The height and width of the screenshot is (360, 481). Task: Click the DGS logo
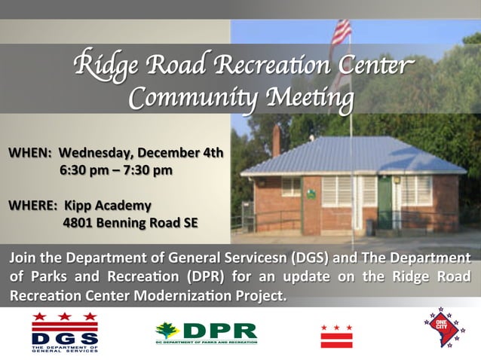click(x=65, y=332)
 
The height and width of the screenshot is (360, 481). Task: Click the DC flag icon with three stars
click(x=336, y=334)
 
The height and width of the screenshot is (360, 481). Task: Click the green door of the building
click(x=384, y=203)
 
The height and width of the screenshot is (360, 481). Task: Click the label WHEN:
click(x=29, y=153)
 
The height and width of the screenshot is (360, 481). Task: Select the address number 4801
click(x=80, y=222)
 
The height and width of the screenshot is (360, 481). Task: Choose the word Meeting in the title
click(x=305, y=98)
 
